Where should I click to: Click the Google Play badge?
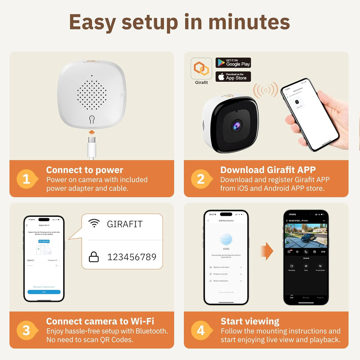pyautogui.click(x=233, y=63)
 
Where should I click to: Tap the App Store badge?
pyautogui.click(x=233, y=77)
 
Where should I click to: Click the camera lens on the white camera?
pyautogui.click(x=237, y=126)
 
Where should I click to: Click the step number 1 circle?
pyautogui.click(x=27, y=179)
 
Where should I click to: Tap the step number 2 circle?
pyautogui.click(x=201, y=179)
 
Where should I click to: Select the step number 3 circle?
pyautogui.click(x=27, y=330)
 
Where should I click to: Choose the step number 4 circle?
pyautogui.click(x=201, y=330)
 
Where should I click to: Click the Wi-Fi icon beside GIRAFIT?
pyautogui.click(x=94, y=224)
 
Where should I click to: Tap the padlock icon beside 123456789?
pyautogui.click(x=94, y=257)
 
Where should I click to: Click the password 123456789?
pyautogui.click(x=132, y=257)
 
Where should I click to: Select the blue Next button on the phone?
pyautogui.click(x=44, y=292)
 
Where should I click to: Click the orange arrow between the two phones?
pyautogui.click(x=266, y=251)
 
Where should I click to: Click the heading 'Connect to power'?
pyautogui.click(x=85, y=170)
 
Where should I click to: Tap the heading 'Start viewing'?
pyautogui.click(x=250, y=321)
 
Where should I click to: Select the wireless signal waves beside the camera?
pyautogui.click(x=266, y=90)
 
